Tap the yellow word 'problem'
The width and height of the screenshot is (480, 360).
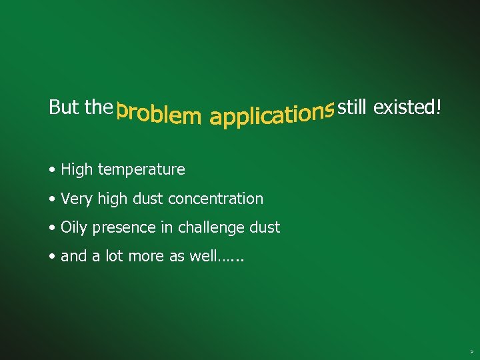158,114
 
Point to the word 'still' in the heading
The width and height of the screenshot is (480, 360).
353,107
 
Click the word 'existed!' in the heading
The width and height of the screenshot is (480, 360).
407,107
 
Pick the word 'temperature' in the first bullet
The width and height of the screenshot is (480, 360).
141,170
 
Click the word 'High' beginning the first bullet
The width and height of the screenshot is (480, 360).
77,170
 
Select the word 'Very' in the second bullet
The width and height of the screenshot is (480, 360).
75,199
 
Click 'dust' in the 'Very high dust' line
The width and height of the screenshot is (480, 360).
149,199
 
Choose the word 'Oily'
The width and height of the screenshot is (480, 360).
74,228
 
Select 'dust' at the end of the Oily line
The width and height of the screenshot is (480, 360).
265,228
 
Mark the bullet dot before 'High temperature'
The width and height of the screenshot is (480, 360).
53,170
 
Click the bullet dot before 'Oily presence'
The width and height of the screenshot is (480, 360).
53,228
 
